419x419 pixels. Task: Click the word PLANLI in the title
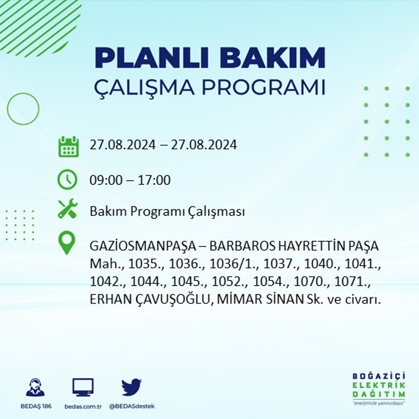(x=151, y=57)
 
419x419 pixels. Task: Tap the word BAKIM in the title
(x=272, y=57)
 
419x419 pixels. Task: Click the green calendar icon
(x=68, y=146)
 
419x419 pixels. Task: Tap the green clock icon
(x=67, y=180)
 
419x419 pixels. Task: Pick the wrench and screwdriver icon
(x=68, y=208)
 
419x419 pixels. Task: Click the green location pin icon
(x=67, y=242)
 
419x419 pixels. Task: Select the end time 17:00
(x=154, y=180)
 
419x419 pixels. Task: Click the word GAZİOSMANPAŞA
(x=143, y=247)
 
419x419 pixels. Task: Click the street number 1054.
(x=270, y=282)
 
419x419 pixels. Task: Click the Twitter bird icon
(x=132, y=387)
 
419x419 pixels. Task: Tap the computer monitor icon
(x=83, y=387)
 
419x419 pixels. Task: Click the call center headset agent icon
(x=35, y=387)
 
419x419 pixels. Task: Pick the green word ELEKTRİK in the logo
(x=379, y=385)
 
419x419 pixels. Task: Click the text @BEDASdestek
(x=132, y=406)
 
